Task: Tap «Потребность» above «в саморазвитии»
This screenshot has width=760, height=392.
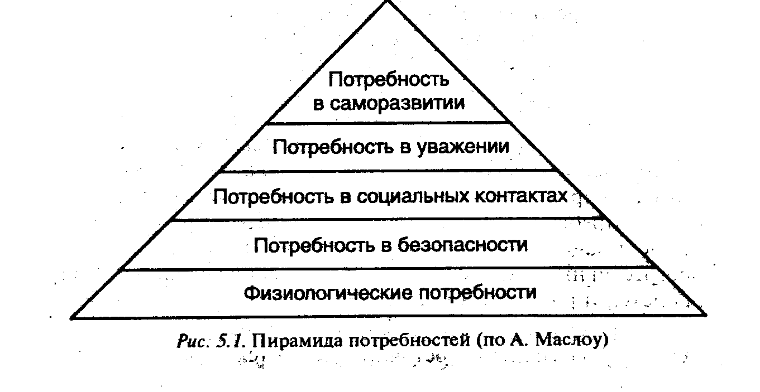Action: pos(389,80)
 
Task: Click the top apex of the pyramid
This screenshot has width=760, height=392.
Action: pos(388,2)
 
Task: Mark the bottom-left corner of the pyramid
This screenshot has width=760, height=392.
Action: pos(71,317)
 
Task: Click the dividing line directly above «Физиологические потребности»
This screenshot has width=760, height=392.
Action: pos(385,270)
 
